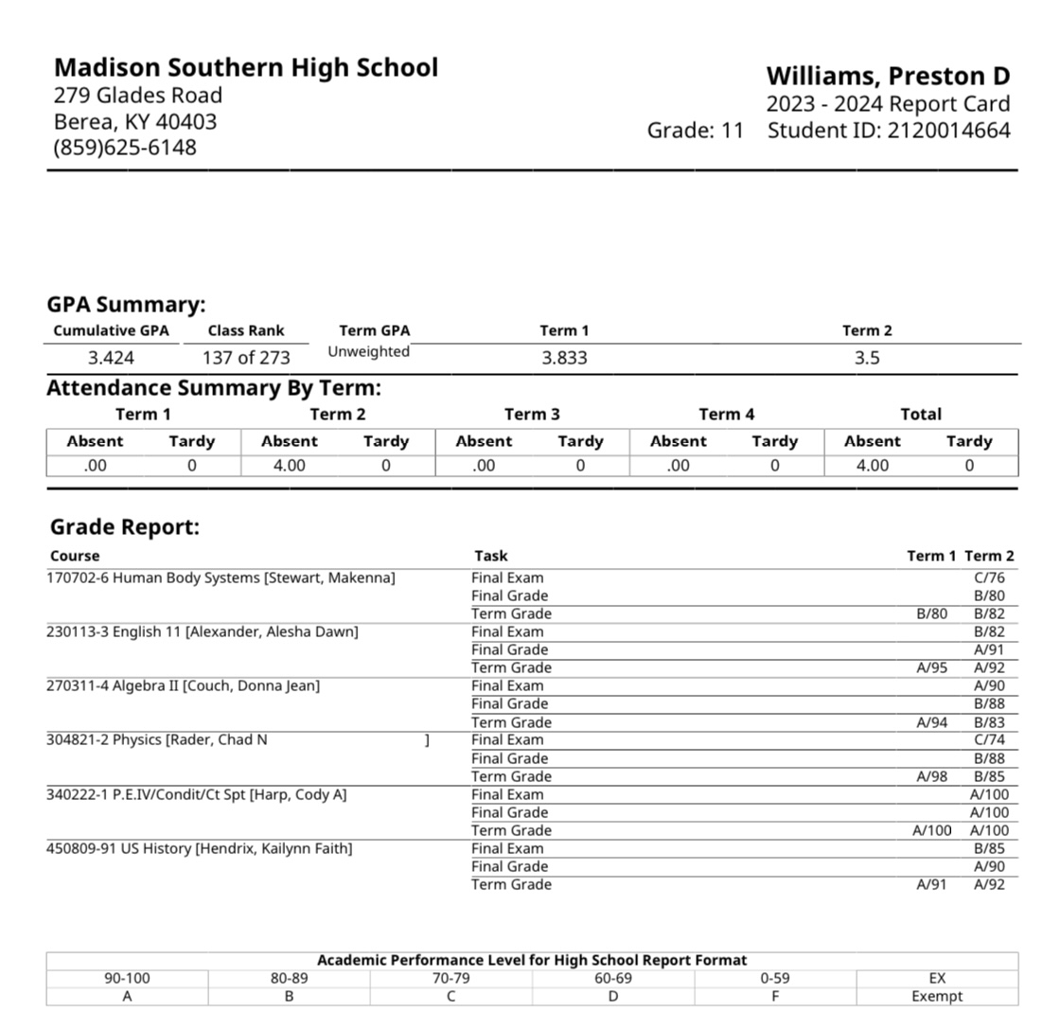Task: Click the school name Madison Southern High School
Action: (x=245, y=68)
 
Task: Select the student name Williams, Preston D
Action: (x=888, y=76)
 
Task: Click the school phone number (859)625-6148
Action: (x=125, y=148)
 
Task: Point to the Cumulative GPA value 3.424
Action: (x=111, y=358)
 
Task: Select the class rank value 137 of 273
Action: (x=246, y=358)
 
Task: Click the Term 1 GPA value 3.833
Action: (x=564, y=358)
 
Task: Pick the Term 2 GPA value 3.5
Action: (x=867, y=358)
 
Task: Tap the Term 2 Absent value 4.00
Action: (x=289, y=466)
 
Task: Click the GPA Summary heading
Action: (x=126, y=305)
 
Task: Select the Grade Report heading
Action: (x=125, y=527)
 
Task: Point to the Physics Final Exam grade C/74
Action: (x=989, y=739)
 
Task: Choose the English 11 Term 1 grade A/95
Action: (x=931, y=667)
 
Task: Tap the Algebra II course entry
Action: (x=183, y=685)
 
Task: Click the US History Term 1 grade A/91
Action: (x=931, y=884)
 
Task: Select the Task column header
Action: (x=490, y=556)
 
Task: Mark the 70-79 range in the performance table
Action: (x=451, y=978)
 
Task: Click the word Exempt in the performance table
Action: (x=937, y=996)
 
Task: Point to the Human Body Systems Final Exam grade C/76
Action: (x=989, y=577)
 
